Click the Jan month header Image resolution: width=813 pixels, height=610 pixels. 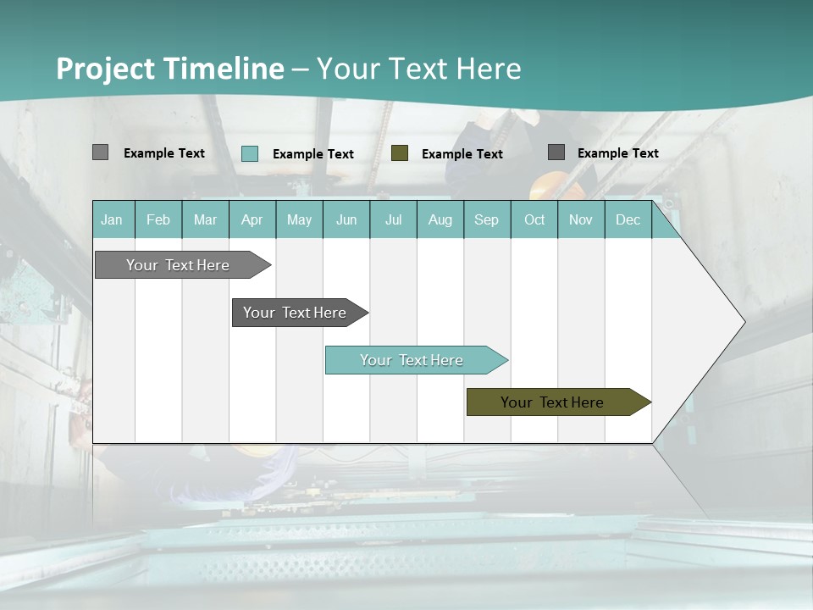pos(113,219)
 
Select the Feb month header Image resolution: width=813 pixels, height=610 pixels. pos(158,219)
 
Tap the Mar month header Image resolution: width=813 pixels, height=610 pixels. pos(205,219)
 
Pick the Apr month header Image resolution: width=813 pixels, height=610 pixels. pos(252,219)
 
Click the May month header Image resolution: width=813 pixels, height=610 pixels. pos(299,219)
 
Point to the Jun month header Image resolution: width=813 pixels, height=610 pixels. pos(346,219)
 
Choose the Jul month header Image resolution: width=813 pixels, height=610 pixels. pos(393,219)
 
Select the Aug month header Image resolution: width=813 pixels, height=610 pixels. pos(440,219)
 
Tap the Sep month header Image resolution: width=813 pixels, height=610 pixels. pos(487,219)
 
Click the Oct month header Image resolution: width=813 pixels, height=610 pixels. pos(534,219)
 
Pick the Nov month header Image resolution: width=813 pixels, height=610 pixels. pos(581,219)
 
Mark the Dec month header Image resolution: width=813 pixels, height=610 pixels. pos(628,219)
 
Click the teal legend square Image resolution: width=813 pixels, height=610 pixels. pos(250,153)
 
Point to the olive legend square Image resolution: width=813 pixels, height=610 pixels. pos(400,153)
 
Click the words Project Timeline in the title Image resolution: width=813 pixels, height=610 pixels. pos(170,69)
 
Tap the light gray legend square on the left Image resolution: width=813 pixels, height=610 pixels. pos(100,152)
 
